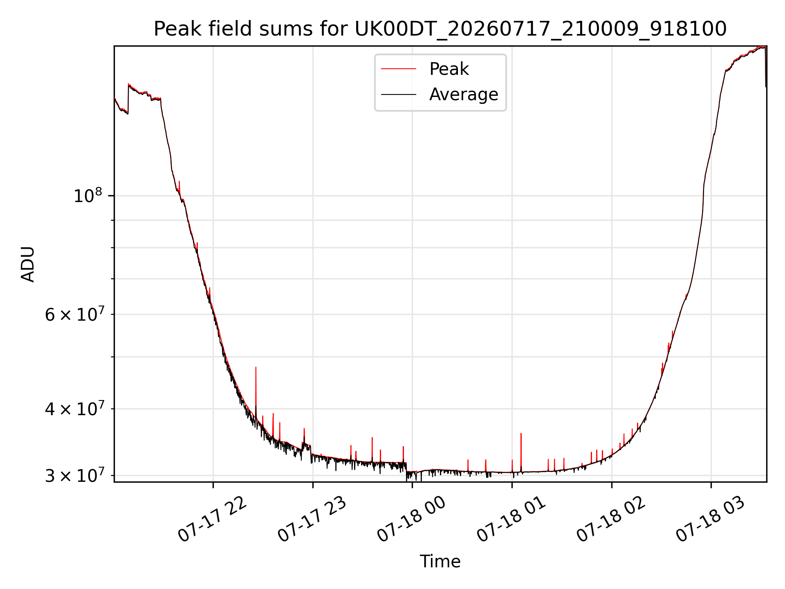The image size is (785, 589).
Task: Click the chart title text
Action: [x=440, y=29]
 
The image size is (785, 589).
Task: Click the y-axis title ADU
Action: [x=28, y=264]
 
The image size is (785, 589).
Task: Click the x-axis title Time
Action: [x=440, y=562]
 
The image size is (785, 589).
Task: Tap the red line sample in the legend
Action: [x=399, y=69]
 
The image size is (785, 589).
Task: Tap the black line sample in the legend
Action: [x=399, y=95]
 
